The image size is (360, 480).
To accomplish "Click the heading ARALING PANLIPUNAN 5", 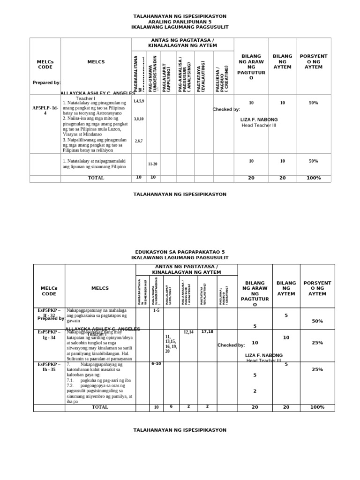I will click(x=180, y=22).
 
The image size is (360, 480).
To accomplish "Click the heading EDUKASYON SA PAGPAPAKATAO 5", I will click(x=180, y=252).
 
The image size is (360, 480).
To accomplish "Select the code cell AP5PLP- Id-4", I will click(x=45, y=110).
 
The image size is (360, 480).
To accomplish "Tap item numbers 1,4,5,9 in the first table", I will click(x=139, y=101).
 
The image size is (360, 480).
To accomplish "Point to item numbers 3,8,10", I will click(x=139, y=119).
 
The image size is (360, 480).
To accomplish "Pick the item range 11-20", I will click(x=153, y=164).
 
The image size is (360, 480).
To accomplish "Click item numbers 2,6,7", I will click(x=139, y=141).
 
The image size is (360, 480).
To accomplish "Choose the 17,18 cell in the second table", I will click(x=208, y=332).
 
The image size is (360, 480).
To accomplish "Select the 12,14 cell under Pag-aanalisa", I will click(x=188, y=332).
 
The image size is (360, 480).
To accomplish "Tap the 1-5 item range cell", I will click(x=156, y=310).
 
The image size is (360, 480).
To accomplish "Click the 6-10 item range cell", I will click(x=156, y=364).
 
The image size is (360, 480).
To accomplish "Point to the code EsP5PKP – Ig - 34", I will click(x=49, y=335).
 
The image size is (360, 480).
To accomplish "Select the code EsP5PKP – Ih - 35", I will click(x=49, y=367).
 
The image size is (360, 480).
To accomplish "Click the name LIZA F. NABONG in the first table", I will click(x=259, y=120).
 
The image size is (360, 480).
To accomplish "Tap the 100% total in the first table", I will click(x=314, y=178).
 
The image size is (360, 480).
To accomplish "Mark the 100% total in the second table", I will click(x=317, y=407).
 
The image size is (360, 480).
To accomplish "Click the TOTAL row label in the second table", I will click(x=100, y=407).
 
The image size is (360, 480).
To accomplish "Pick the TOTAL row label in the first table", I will click(x=96, y=178).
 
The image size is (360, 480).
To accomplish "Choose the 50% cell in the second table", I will click(x=317, y=321).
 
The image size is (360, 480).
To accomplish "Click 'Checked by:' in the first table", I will click(x=226, y=109).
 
